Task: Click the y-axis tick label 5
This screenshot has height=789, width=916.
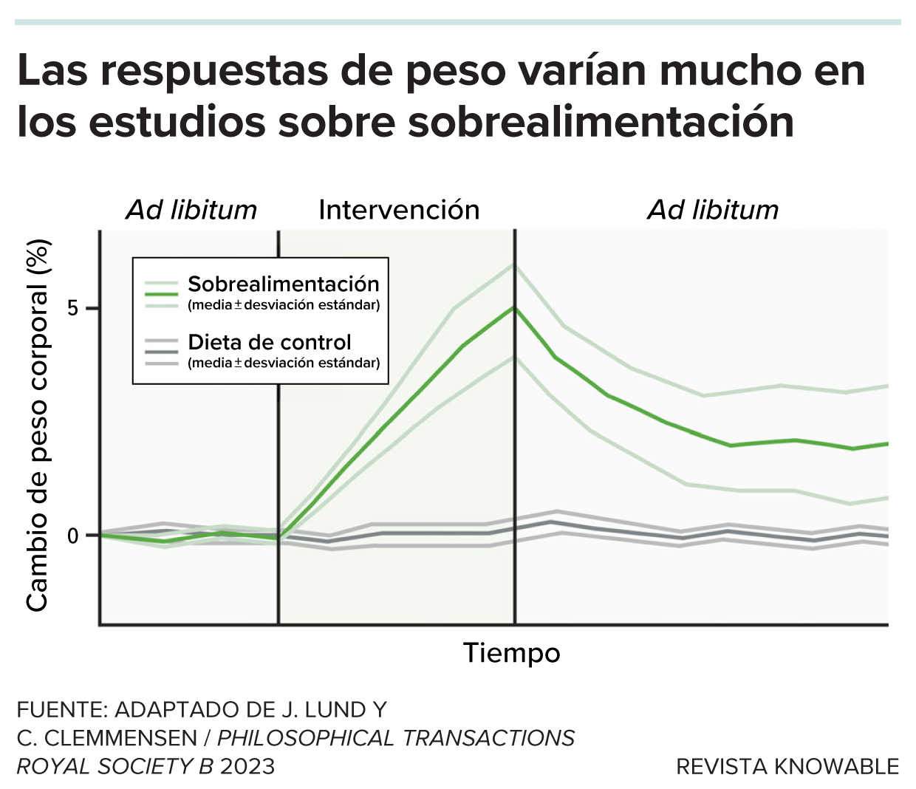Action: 72,309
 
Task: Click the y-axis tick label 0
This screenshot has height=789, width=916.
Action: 72,535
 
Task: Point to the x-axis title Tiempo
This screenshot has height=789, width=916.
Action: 511,653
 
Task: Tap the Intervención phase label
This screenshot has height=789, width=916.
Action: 399,210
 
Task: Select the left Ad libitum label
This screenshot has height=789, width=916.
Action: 191,210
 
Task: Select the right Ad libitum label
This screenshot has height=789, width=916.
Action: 713,210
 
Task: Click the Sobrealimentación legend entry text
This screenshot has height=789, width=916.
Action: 284,284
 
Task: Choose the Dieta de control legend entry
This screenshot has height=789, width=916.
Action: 270,342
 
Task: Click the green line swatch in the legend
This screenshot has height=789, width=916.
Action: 161,293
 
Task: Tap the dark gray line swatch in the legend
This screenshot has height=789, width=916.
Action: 161,352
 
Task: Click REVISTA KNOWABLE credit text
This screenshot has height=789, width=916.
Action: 787,767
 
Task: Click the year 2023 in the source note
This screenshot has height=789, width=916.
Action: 247,767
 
